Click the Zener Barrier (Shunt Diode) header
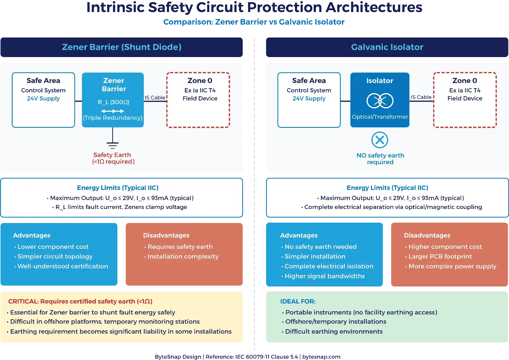coord(122,47)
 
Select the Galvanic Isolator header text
coord(387,47)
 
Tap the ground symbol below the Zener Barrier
coord(113,145)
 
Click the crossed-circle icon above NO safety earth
coord(380,140)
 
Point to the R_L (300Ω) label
coord(113,102)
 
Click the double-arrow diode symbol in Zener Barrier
coord(113,111)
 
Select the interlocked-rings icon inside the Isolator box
coord(380,101)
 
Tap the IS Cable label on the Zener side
coord(155,98)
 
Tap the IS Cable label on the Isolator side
coord(421,97)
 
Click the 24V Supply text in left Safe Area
coord(43,99)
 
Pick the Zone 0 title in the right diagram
coord(465,81)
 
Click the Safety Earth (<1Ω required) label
coord(113,158)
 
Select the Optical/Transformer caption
coord(380,117)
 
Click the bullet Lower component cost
coord(53,247)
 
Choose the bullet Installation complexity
coord(183,257)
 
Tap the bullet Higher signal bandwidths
coord(324,276)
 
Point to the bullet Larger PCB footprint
coord(440,257)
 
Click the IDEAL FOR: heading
coord(298,301)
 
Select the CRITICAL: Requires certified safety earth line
coord(80,301)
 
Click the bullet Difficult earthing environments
coord(334,332)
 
